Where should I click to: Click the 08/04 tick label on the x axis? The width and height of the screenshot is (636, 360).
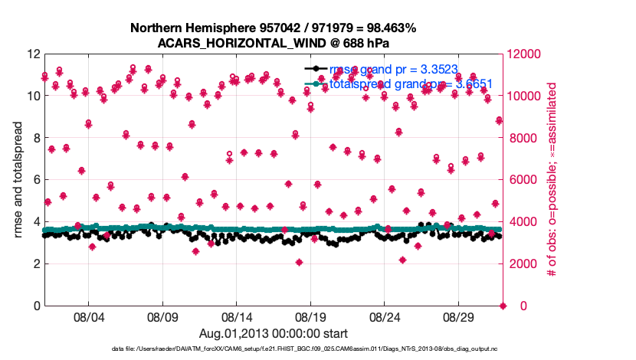(x=87, y=316)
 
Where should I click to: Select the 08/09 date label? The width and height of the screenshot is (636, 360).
(x=162, y=316)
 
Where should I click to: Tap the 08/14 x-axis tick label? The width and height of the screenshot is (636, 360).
(x=237, y=316)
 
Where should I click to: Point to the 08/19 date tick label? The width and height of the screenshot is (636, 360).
(x=311, y=316)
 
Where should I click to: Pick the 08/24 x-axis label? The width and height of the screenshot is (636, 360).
(x=385, y=316)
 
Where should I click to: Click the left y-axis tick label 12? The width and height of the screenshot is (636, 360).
(x=31, y=54)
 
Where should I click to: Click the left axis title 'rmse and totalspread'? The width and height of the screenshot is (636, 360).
(x=18, y=180)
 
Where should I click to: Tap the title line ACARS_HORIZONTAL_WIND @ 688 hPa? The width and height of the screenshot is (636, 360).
(x=273, y=43)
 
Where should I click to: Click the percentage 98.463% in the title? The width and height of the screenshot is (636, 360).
(x=389, y=28)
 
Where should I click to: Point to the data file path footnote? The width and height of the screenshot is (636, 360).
(x=273, y=349)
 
